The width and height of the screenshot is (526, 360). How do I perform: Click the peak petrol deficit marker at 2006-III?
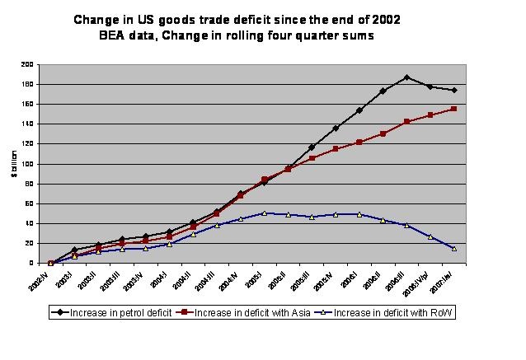pos(406,77)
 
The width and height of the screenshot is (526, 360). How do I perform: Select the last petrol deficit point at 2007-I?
pos(454,90)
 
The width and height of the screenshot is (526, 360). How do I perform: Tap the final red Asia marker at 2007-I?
pos(454,109)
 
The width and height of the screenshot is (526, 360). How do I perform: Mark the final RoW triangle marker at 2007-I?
pos(454,248)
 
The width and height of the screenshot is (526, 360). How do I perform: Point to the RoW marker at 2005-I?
pos(264,213)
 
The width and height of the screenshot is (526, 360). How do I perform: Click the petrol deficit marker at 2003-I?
pos(74,250)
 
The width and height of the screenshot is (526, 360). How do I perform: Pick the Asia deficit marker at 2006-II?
pos(383,133)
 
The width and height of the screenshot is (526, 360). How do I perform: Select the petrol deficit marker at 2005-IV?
pos(335,128)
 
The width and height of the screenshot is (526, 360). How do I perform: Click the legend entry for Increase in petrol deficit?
pos(120,313)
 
